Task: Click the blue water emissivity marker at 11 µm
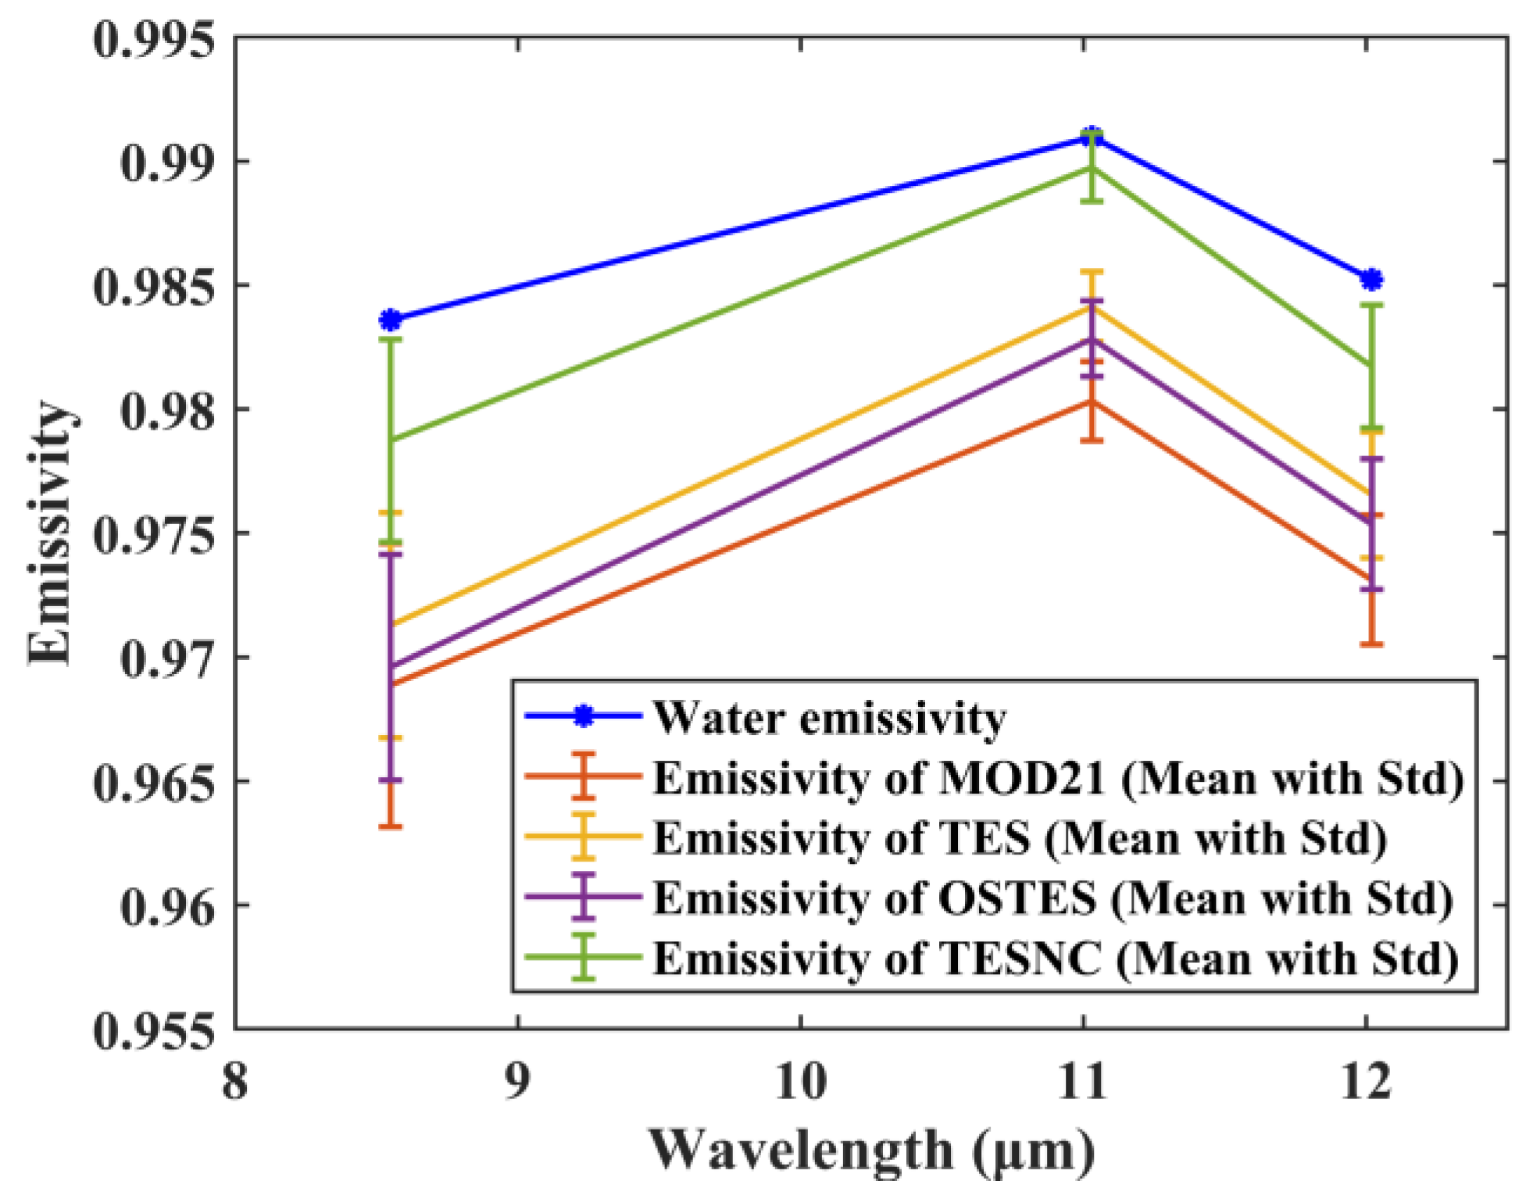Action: (x=1092, y=137)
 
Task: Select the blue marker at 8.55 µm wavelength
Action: (x=391, y=320)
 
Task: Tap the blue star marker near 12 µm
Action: (x=1371, y=280)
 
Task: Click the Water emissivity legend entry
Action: (x=829, y=718)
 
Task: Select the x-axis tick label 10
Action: (x=801, y=1083)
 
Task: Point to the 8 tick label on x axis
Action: (x=235, y=1083)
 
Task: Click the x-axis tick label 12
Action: (x=1365, y=1083)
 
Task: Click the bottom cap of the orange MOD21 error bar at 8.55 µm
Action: (x=391, y=826)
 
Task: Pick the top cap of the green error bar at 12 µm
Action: (x=1371, y=305)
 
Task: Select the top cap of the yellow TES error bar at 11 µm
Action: (x=1092, y=272)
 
